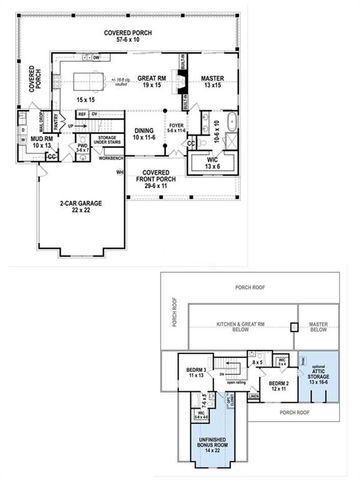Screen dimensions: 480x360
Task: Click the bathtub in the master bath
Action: tap(232, 126)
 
